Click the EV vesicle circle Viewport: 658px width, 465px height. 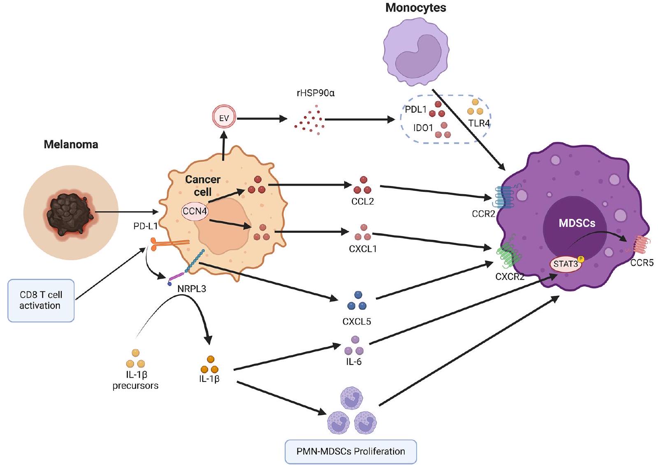pos(224,118)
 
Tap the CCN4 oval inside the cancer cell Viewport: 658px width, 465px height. pos(195,211)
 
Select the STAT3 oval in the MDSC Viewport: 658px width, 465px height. pos(565,264)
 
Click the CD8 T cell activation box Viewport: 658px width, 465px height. pos(41,300)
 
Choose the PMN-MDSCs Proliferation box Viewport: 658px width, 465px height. pos(350,451)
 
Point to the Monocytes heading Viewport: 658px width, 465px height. pos(415,8)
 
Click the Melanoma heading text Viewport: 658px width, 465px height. pos(71,144)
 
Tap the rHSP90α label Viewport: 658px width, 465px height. pos(315,93)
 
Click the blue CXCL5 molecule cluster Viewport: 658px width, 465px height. pos(357,301)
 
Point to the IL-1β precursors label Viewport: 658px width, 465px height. pos(135,380)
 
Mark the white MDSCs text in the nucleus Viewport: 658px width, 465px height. pos(577,223)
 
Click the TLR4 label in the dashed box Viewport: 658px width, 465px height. pos(479,123)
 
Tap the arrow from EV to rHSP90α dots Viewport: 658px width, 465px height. pos(262,119)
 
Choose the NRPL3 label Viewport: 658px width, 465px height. pos(192,288)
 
